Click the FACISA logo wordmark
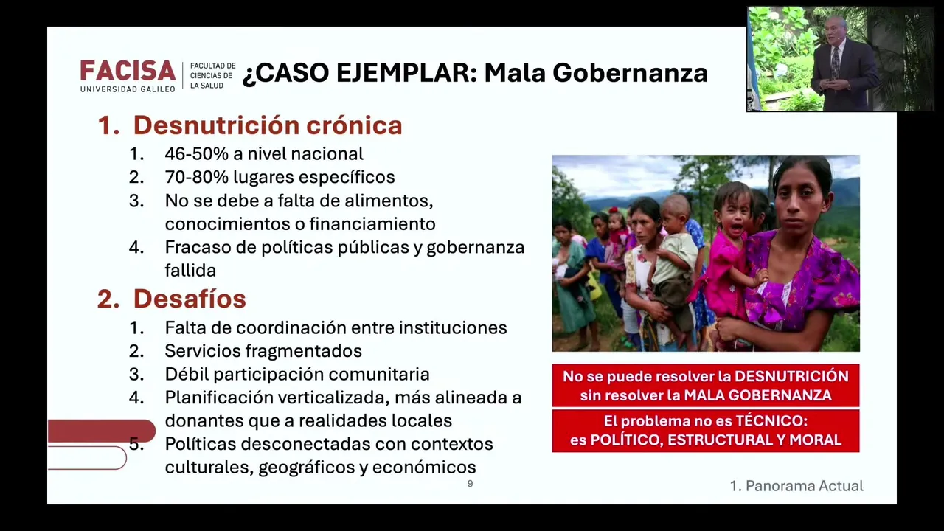point(128,70)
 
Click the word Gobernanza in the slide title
point(630,72)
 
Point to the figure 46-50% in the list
point(196,154)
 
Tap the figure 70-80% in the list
point(196,177)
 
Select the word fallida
point(190,270)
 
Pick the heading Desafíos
point(190,299)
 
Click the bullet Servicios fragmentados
point(263,351)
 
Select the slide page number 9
point(471,484)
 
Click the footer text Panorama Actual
point(805,486)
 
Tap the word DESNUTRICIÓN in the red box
point(792,376)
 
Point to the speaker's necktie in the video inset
point(836,61)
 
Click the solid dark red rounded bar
point(101,431)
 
